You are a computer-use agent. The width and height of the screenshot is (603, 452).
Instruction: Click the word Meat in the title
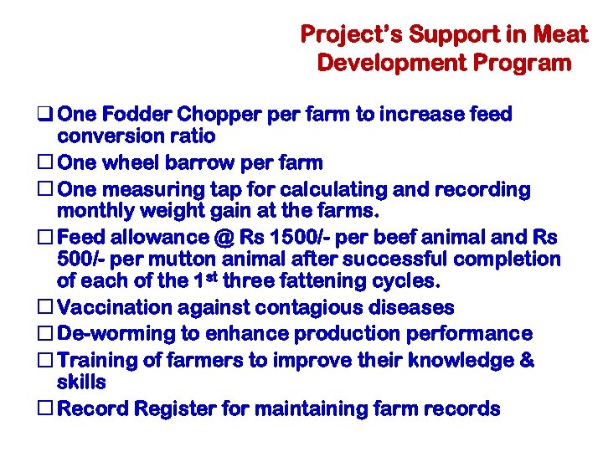(560, 34)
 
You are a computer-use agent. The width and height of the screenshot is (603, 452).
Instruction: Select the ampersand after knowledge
(527, 360)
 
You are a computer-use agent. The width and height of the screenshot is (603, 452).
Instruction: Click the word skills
(81, 383)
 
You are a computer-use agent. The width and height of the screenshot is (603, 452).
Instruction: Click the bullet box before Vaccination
(47, 309)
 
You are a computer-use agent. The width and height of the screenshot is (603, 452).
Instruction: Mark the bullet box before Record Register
(47, 409)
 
